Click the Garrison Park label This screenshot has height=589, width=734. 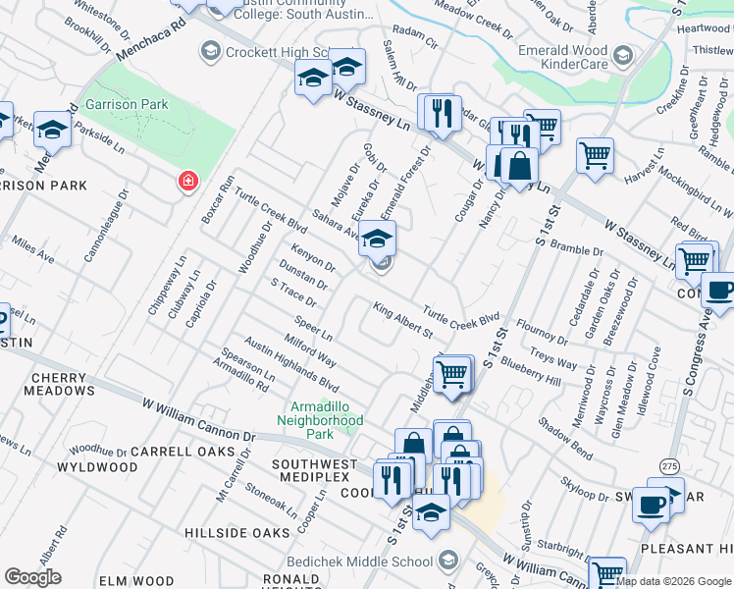(127, 104)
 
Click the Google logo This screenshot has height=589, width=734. (32, 577)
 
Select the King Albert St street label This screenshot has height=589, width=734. (402, 321)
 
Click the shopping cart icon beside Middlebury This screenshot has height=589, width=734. (451, 375)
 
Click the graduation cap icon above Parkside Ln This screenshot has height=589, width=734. (52, 130)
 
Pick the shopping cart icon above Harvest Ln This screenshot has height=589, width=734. (595, 154)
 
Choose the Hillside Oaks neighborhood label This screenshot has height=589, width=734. (237, 532)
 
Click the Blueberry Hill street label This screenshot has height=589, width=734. (530, 368)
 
